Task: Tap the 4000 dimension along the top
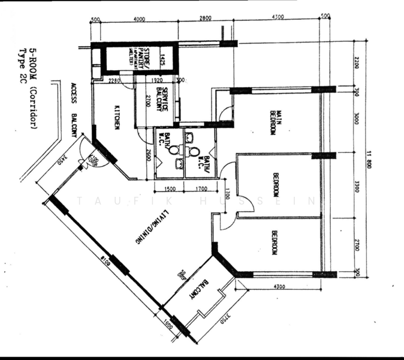[139, 19]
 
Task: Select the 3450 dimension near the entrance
[62, 161]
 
